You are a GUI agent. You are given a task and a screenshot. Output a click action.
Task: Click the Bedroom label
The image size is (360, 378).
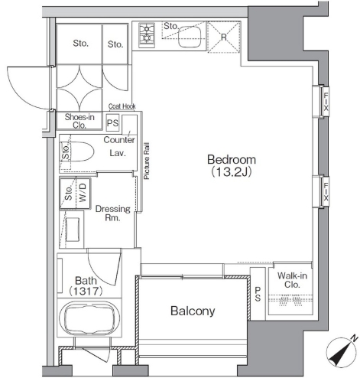232,160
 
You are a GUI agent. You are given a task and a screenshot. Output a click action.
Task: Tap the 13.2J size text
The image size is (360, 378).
232,172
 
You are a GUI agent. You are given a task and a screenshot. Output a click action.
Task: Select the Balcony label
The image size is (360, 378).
193,311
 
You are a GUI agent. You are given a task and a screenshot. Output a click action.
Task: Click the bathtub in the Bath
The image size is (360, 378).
89,318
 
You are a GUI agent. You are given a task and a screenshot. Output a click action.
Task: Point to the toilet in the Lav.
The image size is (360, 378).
79,152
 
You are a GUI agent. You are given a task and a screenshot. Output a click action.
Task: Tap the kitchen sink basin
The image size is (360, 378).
190,37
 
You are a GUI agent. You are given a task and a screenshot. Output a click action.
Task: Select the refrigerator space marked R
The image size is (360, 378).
224,37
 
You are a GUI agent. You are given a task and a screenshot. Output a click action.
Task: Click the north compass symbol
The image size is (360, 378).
342,351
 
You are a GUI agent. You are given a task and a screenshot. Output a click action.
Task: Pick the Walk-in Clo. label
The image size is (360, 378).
292,280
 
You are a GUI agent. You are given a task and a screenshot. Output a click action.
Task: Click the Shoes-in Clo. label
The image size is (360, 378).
79,121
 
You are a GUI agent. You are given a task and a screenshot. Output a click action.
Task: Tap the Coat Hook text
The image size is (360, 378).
122,106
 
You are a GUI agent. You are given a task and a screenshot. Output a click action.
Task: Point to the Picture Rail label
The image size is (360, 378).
147,161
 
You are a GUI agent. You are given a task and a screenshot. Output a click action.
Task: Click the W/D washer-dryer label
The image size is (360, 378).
83,193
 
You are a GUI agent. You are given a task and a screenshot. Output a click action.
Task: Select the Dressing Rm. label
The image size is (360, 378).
113,213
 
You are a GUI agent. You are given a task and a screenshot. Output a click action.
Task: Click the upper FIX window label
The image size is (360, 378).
326,103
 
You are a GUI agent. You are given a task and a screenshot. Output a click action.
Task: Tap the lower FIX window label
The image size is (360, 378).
326,192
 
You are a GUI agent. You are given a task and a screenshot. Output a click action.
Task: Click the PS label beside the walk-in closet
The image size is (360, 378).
258,294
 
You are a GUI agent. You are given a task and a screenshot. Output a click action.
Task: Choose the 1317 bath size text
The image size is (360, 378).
86,291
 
